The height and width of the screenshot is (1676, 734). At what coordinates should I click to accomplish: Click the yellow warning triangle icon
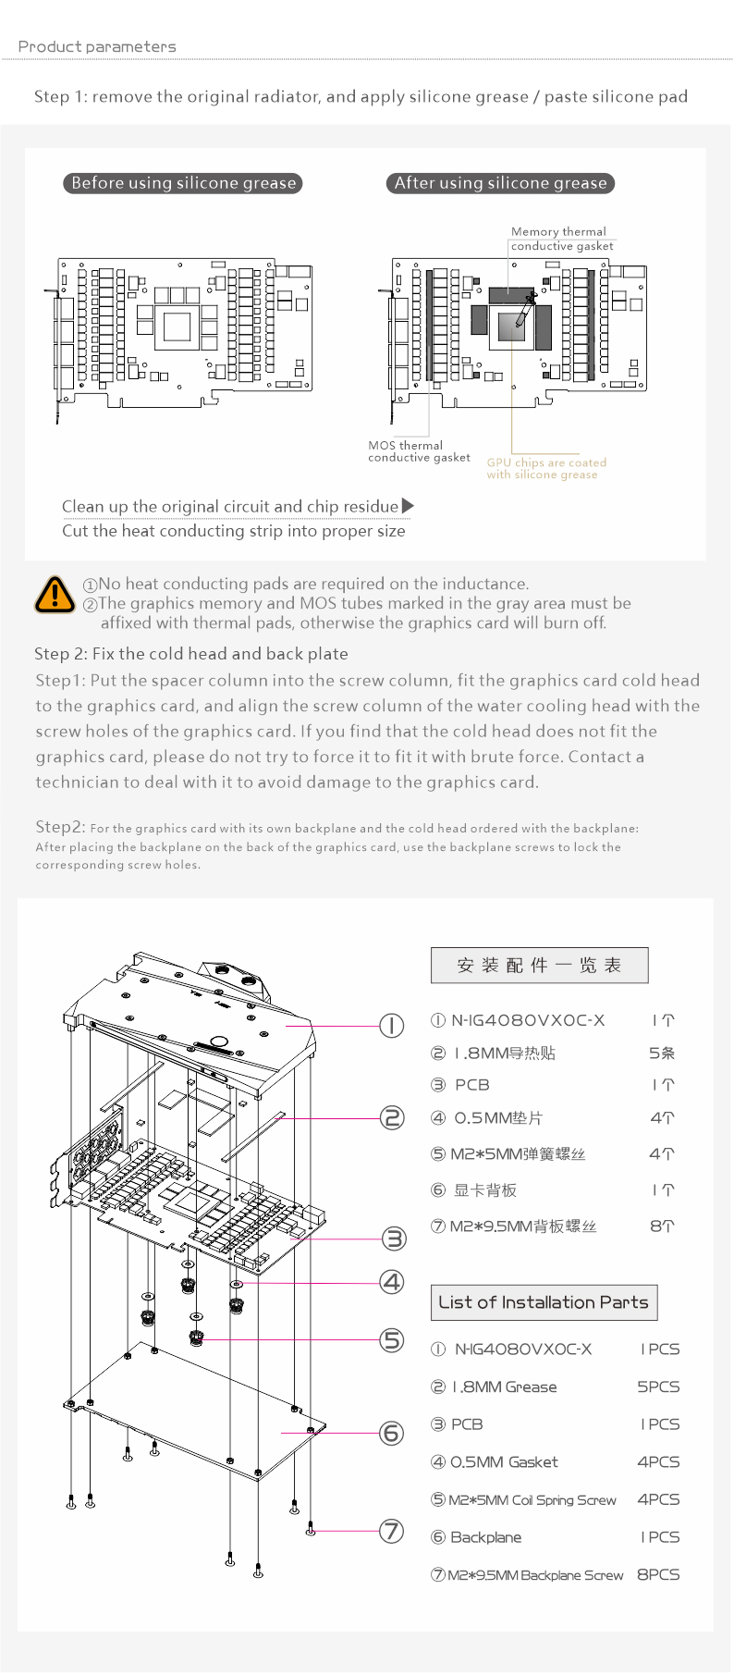tap(55, 594)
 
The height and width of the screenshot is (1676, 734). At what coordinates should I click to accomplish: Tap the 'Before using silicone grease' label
tap(183, 183)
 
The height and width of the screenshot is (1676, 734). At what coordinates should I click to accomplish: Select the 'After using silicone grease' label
tap(500, 183)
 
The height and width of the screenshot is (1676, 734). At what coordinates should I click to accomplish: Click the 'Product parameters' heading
tap(97, 46)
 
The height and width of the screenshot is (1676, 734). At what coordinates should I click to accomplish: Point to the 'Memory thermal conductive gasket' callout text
tap(562, 239)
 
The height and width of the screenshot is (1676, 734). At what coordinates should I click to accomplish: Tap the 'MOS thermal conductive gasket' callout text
tap(419, 451)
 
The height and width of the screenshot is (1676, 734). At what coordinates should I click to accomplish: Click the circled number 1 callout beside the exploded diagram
tap(392, 1025)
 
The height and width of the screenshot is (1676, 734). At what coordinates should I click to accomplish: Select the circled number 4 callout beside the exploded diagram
tap(392, 1281)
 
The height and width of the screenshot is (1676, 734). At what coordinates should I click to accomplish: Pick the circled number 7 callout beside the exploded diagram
tap(392, 1531)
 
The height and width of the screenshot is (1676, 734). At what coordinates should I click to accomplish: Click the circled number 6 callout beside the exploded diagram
tap(392, 1433)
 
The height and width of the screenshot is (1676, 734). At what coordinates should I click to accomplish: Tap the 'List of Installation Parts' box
tap(544, 1302)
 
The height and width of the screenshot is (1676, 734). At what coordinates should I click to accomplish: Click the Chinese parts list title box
tap(539, 966)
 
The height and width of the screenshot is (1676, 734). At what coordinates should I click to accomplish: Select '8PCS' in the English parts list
tap(658, 1574)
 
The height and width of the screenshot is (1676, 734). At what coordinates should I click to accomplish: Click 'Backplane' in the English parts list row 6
tap(485, 1537)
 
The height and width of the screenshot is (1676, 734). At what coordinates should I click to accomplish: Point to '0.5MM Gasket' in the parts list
tap(504, 1462)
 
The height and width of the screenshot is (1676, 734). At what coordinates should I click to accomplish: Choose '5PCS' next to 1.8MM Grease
tap(658, 1387)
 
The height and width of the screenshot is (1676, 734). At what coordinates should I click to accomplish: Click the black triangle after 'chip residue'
tap(408, 506)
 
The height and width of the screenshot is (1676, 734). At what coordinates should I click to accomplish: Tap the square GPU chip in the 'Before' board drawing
tap(177, 326)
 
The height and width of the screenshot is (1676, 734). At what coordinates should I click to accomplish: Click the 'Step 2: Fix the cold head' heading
tap(191, 654)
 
